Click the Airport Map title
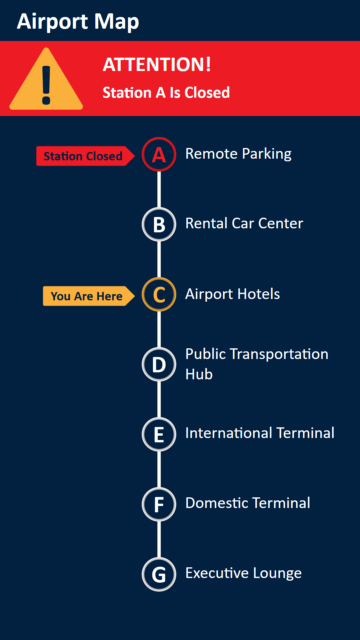pyautogui.click(x=78, y=22)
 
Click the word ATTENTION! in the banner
pyautogui.click(x=157, y=64)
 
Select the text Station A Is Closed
pyautogui.click(x=166, y=93)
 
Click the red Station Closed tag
pyautogui.click(x=85, y=156)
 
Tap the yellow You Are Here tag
pyautogui.click(x=89, y=296)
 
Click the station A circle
pyautogui.click(x=159, y=154)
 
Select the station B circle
pyautogui.click(x=159, y=224)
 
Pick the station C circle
pyautogui.click(x=159, y=294)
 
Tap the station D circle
pyautogui.click(x=159, y=364)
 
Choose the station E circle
pyautogui.click(x=159, y=434)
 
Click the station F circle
pyautogui.click(x=159, y=504)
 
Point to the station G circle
pyautogui.click(x=159, y=574)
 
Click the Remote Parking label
pyautogui.click(x=238, y=154)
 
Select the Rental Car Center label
pyautogui.click(x=244, y=223)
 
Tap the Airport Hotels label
pyautogui.click(x=233, y=294)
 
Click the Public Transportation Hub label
pyautogui.click(x=257, y=364)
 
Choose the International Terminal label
pyautogui.click(x=260, y=433)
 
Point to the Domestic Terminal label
pyautogui.click(x=248, y=503)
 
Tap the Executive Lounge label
pyautogui.click(x=244, y=573)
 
